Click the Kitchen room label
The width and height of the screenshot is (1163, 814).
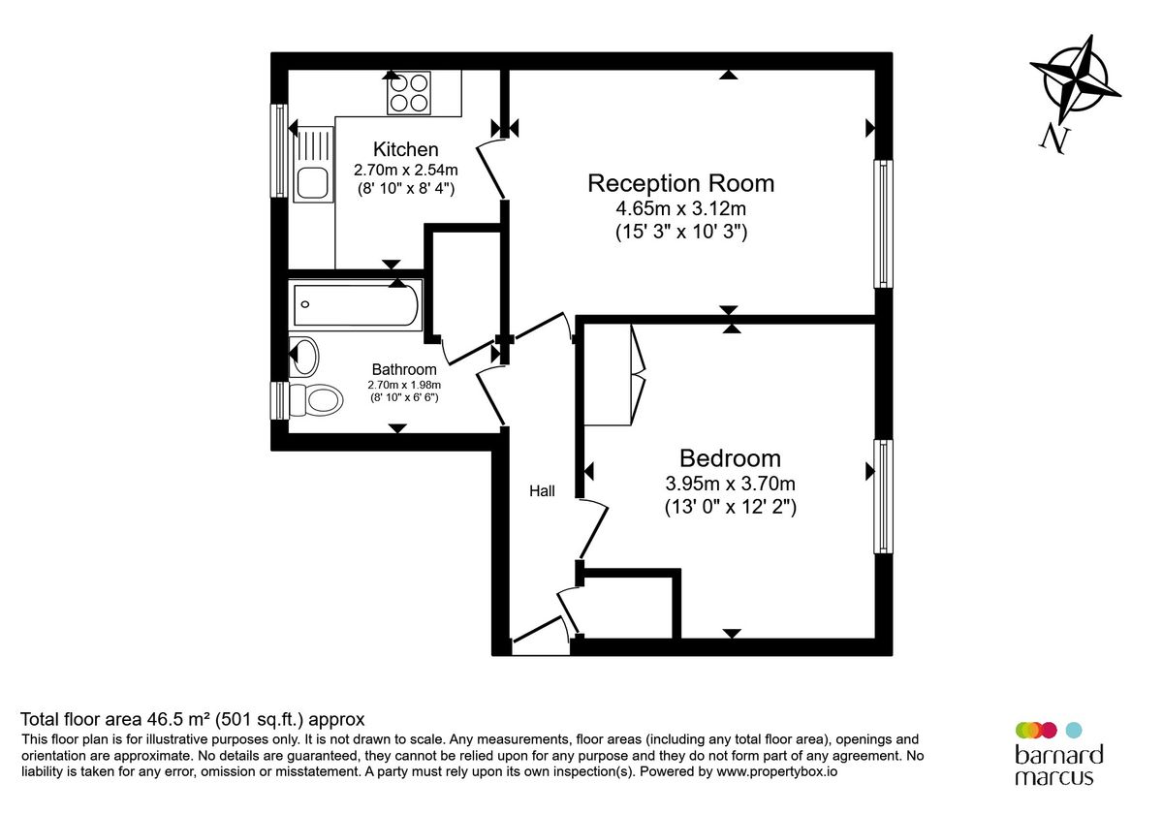tap(406, 149)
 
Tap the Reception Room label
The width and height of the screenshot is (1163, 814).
tap(681, 183)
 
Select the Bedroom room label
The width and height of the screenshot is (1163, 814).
tap(730, 458)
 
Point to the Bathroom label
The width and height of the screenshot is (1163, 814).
tap(404, 369)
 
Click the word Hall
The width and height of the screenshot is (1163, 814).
tap(542, 491)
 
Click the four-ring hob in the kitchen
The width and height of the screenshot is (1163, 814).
tap(408, 93)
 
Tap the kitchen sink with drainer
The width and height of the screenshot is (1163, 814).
tap(311, 165)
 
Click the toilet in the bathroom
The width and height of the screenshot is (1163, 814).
tap(316, 398)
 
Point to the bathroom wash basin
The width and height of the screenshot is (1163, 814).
tap(304, 356)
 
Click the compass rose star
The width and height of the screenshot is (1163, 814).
tap(1075, 79)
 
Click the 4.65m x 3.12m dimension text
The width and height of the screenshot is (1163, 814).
tap(681, 208)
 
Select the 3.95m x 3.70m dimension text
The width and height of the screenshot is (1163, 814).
tap(730, 484)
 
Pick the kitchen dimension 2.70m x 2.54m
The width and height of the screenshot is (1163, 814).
tap(406, 170)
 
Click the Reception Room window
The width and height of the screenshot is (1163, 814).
tap(883, 224)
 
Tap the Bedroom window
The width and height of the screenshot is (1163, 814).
tap(883, 496)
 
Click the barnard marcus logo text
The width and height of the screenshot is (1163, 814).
tap(1058, 766)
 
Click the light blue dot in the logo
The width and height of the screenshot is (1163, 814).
tap(1073, 730)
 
